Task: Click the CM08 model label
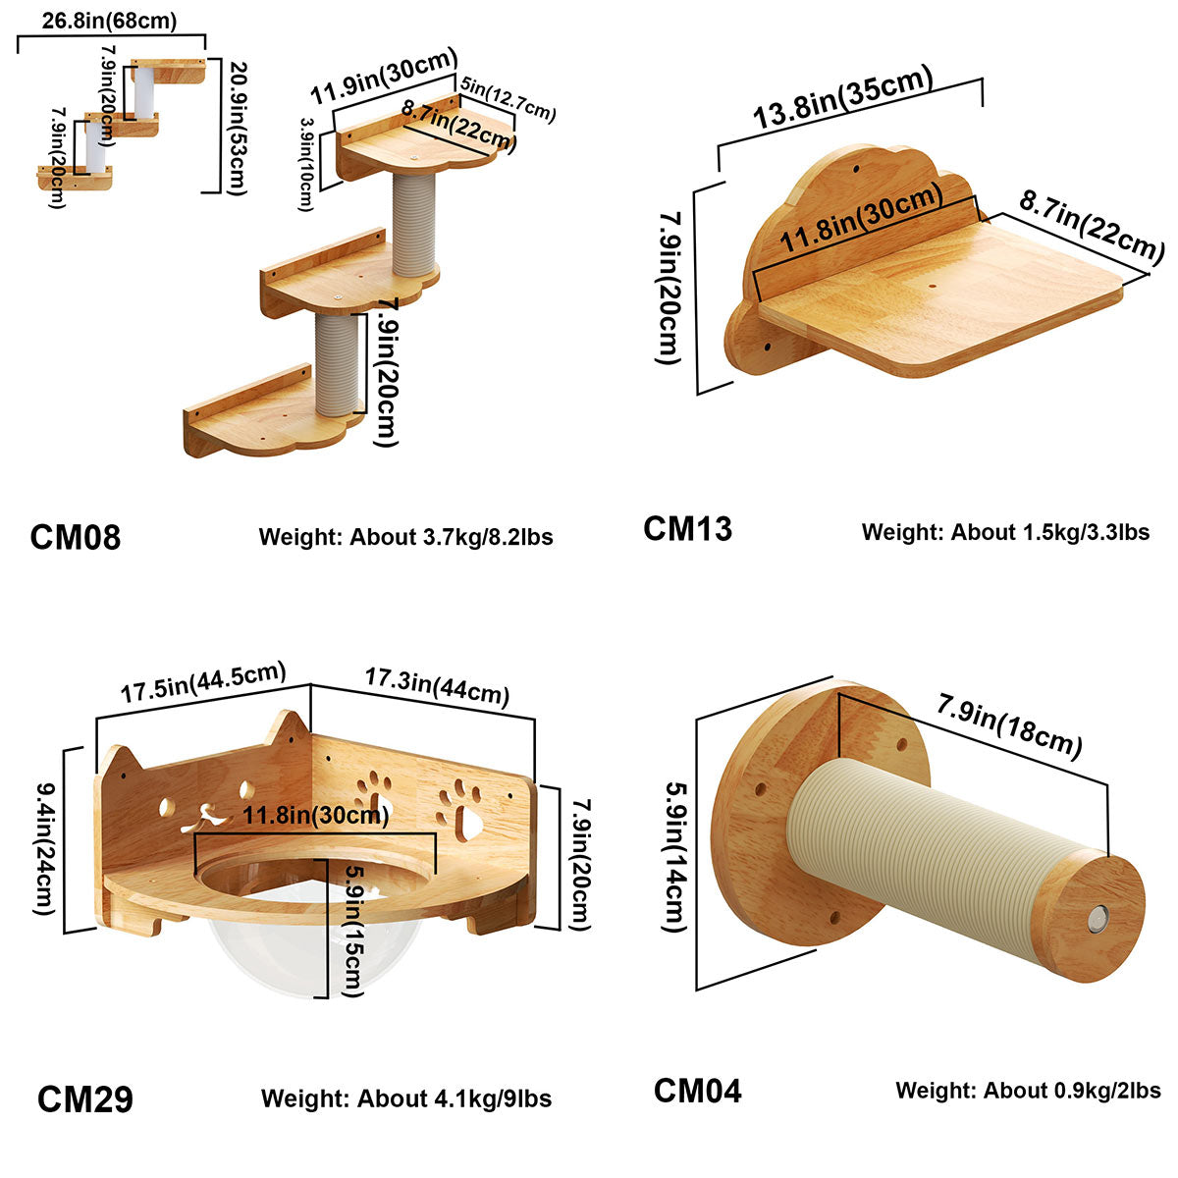tap(76, 537)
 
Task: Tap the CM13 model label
tap(687, 529)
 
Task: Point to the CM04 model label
tap(698, 1091)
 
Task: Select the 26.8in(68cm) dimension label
tap(110, 21)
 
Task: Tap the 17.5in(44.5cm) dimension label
tap(203, 682)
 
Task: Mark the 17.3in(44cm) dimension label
tap(437, 684)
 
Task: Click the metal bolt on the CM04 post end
tap(1095, 920)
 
